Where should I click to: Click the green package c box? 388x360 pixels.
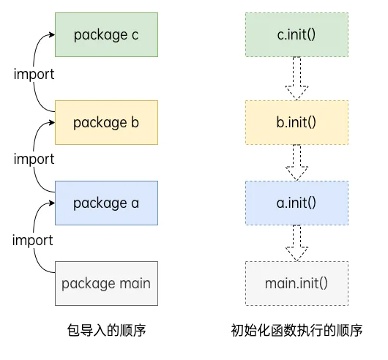(x=107, y=34)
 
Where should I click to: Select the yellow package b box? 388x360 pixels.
(x=107, y=121)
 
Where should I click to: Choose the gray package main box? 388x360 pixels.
(x=107, y=282)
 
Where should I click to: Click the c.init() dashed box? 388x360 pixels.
(x=296, y=34)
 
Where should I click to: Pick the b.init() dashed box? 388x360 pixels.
(x=296, y=121)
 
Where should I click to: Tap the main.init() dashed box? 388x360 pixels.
(x=296, y=282)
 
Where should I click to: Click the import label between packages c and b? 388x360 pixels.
(x=34, y=74)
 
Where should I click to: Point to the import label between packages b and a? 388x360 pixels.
(x=34, y=159)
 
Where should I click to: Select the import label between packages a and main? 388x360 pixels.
(x=34, y=240)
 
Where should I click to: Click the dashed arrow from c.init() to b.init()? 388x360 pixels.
(x=296, y=78)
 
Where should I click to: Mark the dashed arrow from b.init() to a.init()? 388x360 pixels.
(x=296, y=161)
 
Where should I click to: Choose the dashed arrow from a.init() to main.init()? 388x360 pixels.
(x=296, y=242)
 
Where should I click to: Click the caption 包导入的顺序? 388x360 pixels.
(x=107, y=330)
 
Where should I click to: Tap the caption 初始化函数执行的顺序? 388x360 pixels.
(x=296, y=330)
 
